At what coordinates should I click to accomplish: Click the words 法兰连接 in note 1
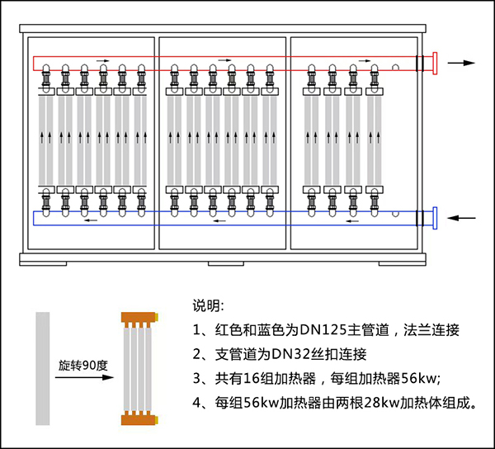tap(431, 330)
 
